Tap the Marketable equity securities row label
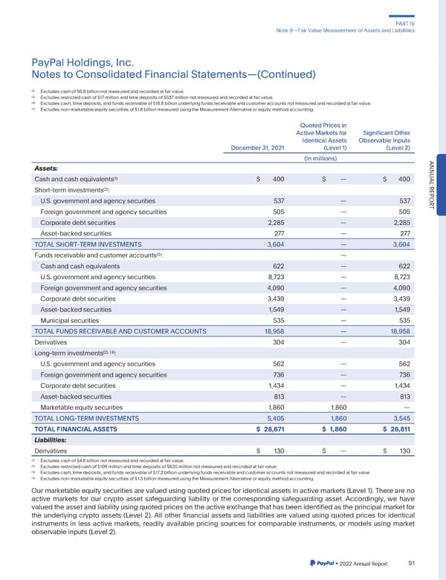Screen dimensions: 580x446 pyautogui.click(x=85, y=406)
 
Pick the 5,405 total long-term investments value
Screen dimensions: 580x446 pyautogui.click(x=274, y=418)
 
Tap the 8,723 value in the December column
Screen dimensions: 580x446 pyautogui.click(x=274, y=276)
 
